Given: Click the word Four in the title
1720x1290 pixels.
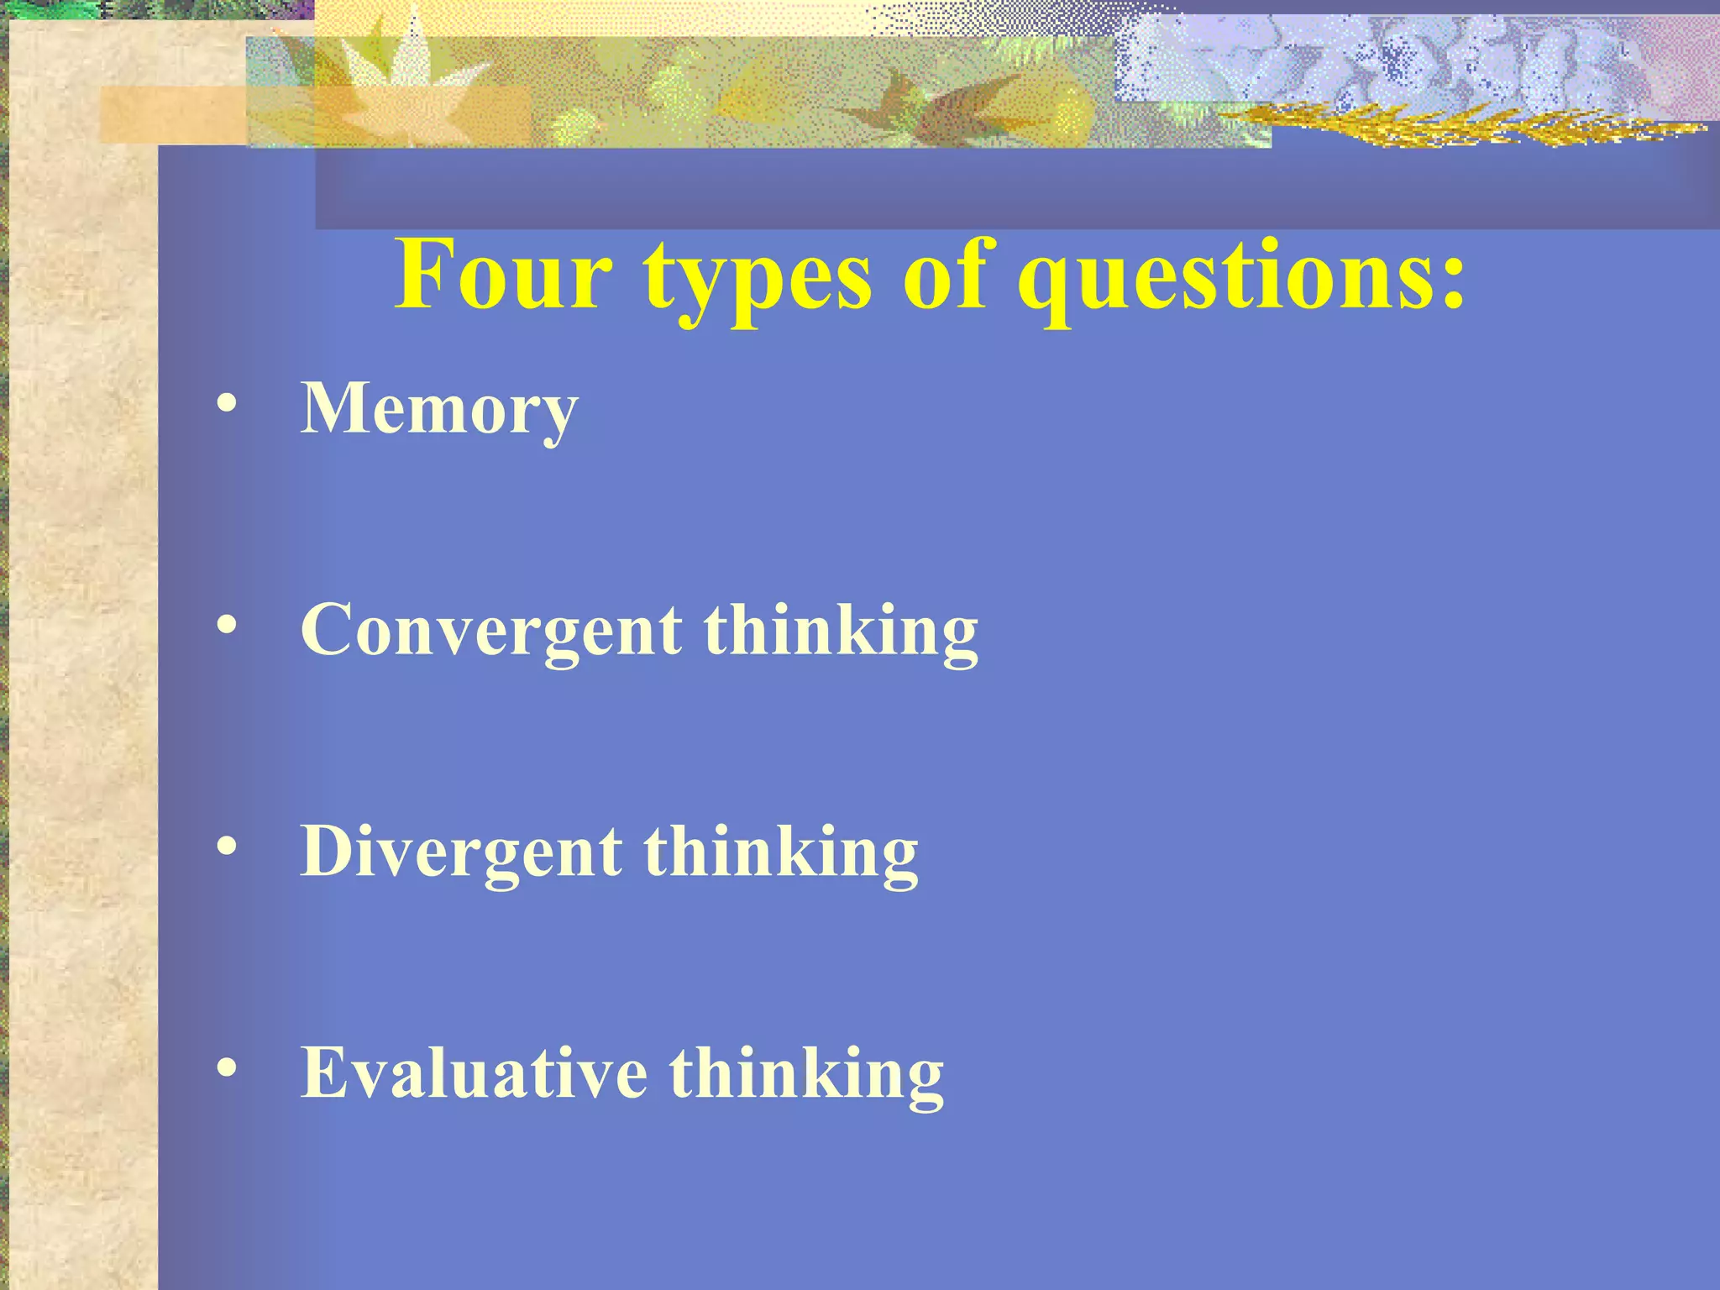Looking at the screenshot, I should (503, 275).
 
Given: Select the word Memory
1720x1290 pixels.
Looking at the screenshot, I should (439, 410).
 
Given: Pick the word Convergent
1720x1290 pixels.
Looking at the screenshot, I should (491, 632).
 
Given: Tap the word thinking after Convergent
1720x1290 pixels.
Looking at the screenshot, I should (841, 632).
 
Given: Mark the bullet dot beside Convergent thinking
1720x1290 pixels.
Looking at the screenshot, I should (226, 624).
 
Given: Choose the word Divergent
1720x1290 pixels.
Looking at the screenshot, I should (461, 852).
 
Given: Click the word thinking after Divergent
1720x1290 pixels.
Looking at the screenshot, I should (781, 852).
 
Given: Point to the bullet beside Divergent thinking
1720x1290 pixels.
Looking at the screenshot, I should (226, 846).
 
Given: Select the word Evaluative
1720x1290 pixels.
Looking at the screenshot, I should (474, 1073).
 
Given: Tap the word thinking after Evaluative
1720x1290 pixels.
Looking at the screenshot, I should (806, 1075).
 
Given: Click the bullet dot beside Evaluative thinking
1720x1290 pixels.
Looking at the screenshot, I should (226, 1067).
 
